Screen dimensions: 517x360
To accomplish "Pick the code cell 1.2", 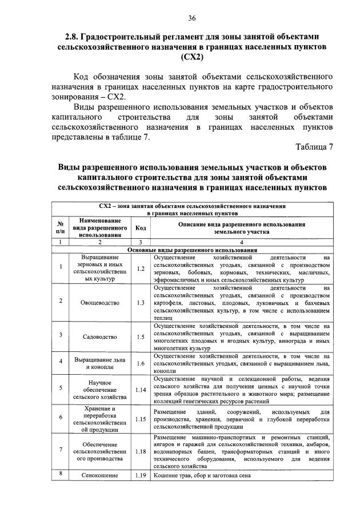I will (x=141, y=268).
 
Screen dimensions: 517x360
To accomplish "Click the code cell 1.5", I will (x=141, y=336).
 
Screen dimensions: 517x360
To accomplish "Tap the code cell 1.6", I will (x=141, y=363).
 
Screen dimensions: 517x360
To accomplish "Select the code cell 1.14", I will (x=141, y=390).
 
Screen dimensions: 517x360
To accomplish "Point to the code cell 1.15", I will (x=141, y=419).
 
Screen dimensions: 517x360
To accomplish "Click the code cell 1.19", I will (x=141, y=475).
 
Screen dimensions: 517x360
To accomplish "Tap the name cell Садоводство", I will (x=100, y=336).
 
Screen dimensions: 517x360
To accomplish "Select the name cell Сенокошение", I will (x=100, y=475).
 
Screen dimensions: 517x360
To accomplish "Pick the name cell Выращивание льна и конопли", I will (x=100, y=363).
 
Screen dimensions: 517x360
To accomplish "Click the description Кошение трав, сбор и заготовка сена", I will (x=202, y=475).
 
